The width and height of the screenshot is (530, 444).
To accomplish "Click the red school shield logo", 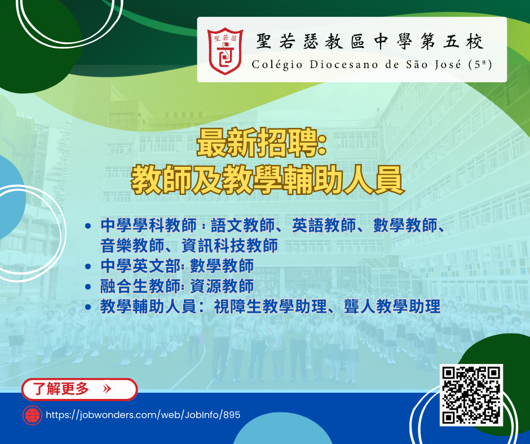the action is pyautogui.click(x=225, y=51).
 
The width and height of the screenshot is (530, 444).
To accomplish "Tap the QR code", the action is pyautogui.click(x=471, y=395).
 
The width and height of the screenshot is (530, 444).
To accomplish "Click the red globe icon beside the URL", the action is pyautogui.click(x=33, y=415).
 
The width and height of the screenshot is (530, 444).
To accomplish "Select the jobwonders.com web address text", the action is pyautogui.click(x=143, y=415).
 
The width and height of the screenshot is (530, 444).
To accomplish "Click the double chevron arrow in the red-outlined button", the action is pyautogui.click(x=107, y=389).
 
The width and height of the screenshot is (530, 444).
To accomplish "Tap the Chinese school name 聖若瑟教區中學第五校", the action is pyautogui.click(x=370, y=42).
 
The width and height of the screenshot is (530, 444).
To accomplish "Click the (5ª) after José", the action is pyautogui.click(x=480, y=65).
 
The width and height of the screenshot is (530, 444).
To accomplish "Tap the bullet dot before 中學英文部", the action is pyautogui.click(x=88, y=267).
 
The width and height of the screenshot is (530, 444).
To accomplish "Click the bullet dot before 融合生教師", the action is pyautogui.click(x=88, y=287).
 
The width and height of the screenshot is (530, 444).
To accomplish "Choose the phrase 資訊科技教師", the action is pyautogui.click(x=230, y=246).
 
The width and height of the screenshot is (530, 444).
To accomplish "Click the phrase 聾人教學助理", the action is pyautogui.click(x=392, y=307).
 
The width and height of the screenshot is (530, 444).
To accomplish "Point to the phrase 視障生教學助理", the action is pyautogui.click(x=271, y=307).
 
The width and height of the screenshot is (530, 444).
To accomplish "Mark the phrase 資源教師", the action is pyautogui.click(x=222, y=287).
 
